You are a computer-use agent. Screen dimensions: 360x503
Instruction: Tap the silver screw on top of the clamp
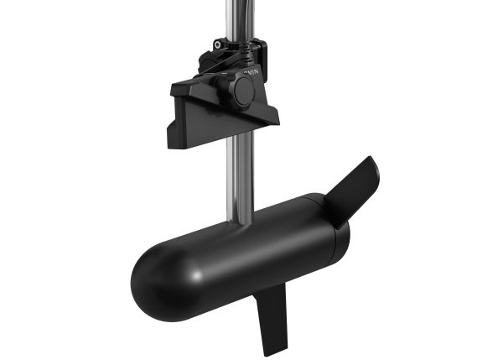click(220, 44)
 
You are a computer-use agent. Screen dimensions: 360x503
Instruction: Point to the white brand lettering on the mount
click(251, 74)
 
